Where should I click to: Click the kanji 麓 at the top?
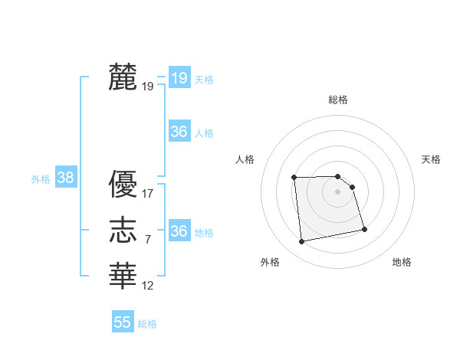123,77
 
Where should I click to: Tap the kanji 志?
123,230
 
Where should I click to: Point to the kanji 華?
123,275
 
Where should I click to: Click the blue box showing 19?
179,77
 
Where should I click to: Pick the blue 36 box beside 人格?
179,132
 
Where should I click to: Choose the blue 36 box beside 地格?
179,231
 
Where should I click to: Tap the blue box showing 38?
65,178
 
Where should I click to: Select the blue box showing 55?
123,322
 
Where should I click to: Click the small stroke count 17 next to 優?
148,195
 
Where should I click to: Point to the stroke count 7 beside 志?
148,240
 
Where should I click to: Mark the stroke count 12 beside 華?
148,285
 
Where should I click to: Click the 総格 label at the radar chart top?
338,100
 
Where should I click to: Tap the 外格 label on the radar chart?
270,262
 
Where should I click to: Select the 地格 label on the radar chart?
402,262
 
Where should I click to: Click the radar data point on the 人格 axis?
294,178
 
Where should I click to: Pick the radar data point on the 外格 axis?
302,242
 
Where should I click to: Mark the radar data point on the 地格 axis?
364,229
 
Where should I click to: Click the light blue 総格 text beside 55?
147,324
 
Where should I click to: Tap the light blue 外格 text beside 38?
41,179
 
